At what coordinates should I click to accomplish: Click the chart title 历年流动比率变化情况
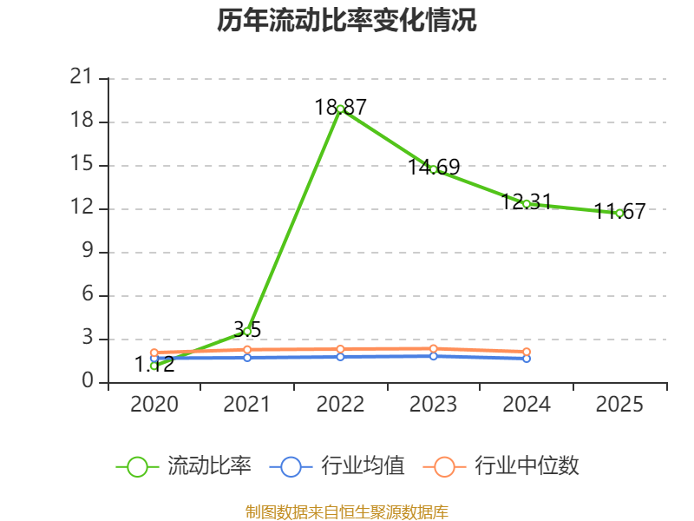[346, 20]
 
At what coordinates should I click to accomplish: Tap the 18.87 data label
[340, 107]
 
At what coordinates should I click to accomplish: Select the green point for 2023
[433, 169]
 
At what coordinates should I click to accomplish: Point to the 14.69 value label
[434, 167]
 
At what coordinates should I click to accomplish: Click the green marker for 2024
[527, 204]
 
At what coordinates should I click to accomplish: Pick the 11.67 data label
[619, 211]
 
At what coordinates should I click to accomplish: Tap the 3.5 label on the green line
[247, 330]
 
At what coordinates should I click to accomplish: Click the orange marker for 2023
[433, 349]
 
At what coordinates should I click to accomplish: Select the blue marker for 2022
[340, 357]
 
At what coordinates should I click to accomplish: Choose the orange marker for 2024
[527, 352]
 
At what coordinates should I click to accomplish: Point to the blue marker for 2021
[247, 358]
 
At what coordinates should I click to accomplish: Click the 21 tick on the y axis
[82, 76]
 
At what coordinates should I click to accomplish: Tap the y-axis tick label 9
[88, 251]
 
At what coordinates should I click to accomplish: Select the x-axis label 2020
[154, 404]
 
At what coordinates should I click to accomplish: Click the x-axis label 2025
[619, 404]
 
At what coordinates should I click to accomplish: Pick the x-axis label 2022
[340, 404]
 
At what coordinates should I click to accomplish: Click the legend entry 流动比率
[184, 466]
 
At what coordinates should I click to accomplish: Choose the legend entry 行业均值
[337, 466]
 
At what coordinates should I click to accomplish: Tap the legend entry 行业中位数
[501, 466]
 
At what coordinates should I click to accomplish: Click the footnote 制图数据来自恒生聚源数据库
[347, 511]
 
